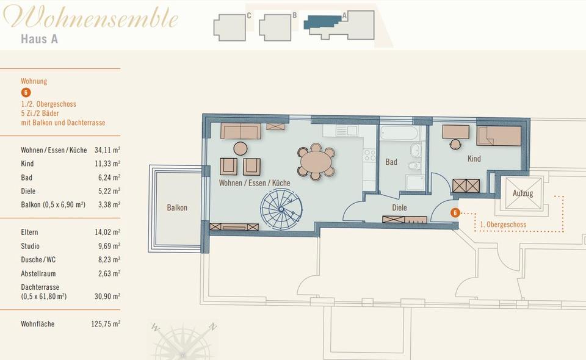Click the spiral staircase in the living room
[281, 208]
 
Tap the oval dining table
[315, 162]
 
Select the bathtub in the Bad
[399, 133]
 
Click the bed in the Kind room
[499, 135]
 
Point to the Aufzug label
[523, 193]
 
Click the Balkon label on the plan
[177, 207]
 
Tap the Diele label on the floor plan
[399, 207]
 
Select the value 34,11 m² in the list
[107, 150]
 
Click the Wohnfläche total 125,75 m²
[106, 324]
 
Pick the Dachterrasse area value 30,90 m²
[107, 296]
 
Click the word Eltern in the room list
[29, 232]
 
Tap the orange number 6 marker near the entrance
[455, 213]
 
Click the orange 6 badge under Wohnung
[26, 93]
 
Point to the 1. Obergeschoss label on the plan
[503, 225]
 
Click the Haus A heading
[39, 39]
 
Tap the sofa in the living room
[241, 131]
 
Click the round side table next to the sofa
[241, 148]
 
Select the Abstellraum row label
[38, 273]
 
